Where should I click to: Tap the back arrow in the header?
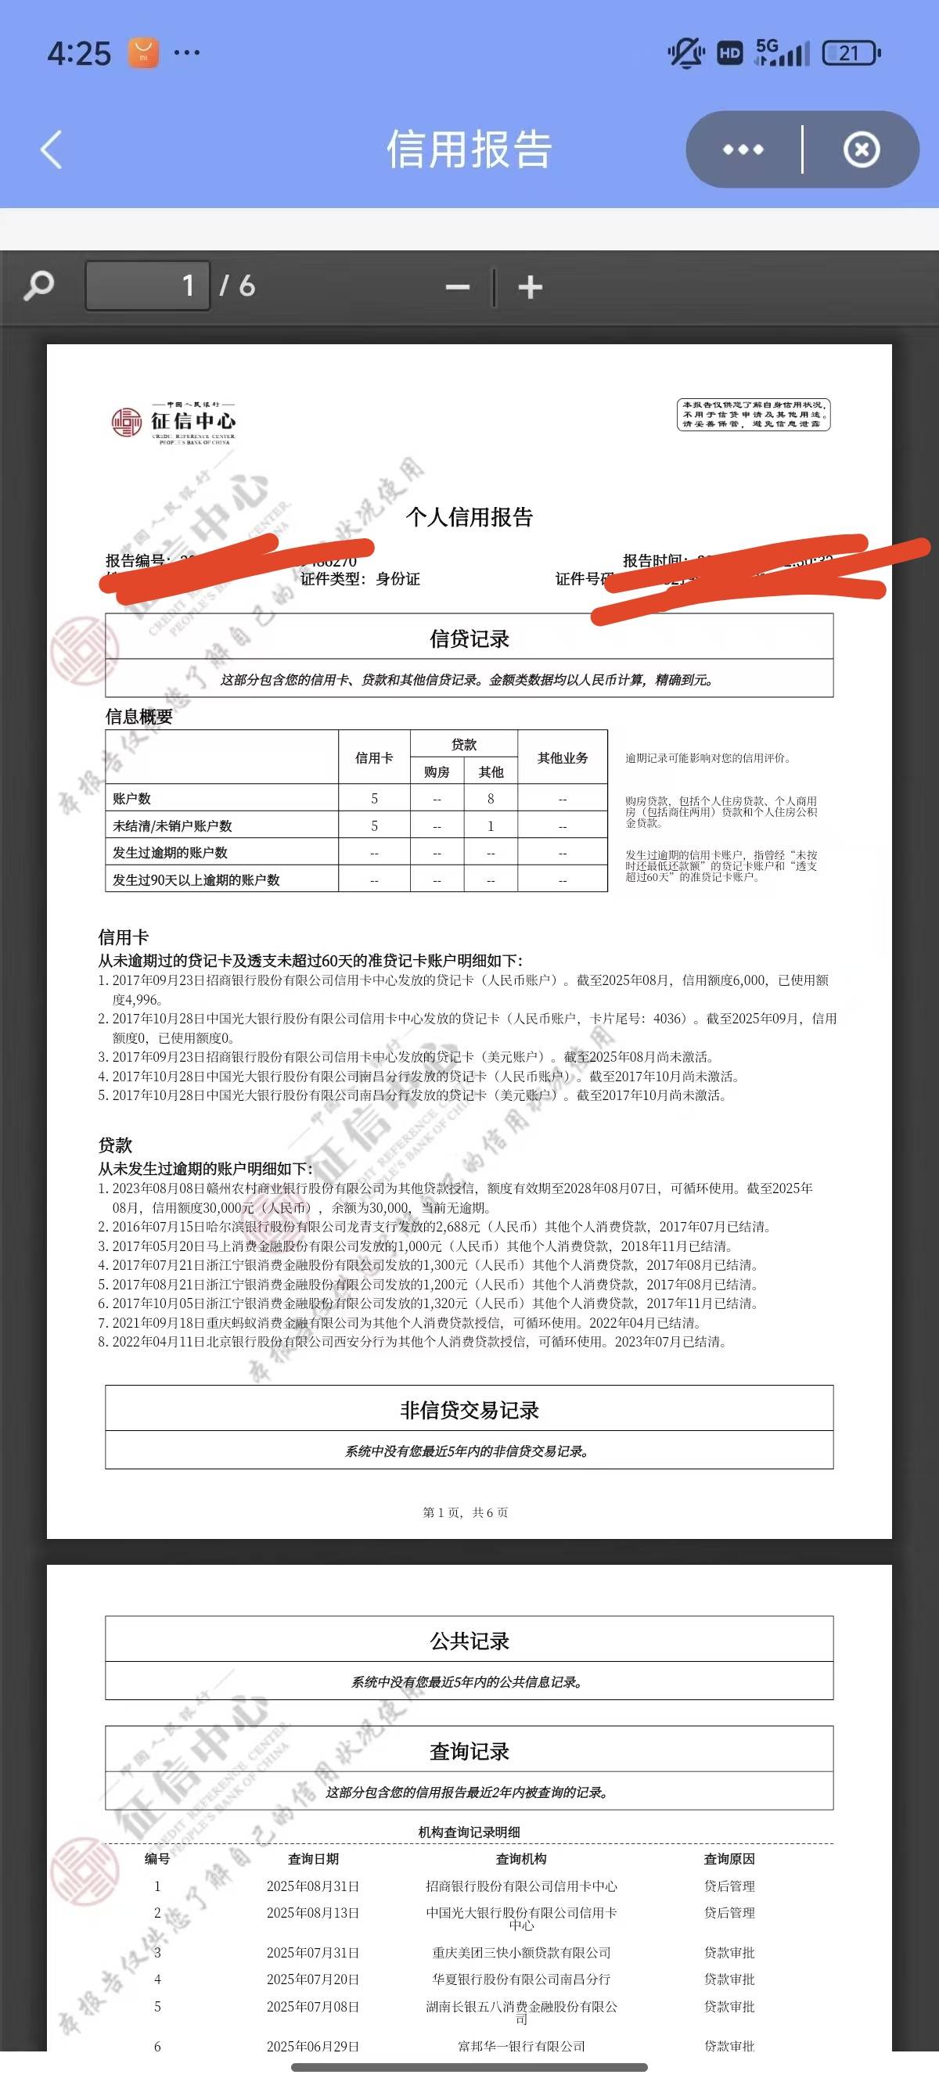point(51,150)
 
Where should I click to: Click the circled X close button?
point(862,150)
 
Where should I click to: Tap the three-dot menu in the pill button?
point(743,150)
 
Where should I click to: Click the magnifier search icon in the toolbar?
point(39,286)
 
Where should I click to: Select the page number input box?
point(148,286)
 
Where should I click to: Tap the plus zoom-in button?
point(531,287)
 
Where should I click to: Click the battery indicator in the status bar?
point(850,53)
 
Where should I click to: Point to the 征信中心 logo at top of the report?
point(174,422)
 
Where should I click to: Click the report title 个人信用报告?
point(469,517)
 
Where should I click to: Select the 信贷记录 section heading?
point(469,639)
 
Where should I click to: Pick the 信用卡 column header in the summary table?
point(374,757)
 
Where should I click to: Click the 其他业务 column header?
point(562,757)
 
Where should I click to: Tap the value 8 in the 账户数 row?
point(491,799)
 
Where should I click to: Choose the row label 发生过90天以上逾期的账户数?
point(196,880)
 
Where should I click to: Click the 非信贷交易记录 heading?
point(469,1410)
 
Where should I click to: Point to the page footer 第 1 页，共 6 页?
point(466,1512)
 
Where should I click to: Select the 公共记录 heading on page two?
point(469,1641)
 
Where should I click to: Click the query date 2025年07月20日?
point(313,1979)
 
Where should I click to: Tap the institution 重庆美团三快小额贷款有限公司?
point(521,1953)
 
